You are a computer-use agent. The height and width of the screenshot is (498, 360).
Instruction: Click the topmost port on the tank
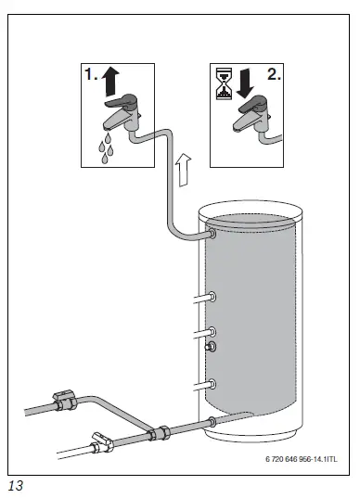click(x=212, y=236)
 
